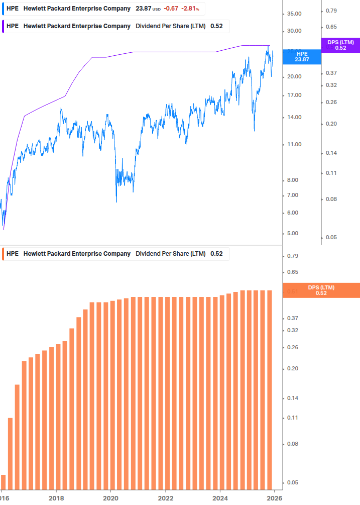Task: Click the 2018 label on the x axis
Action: tap(56, 497)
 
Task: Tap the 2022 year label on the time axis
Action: tap(165, 497)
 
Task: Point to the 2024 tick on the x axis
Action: tap(220, 497)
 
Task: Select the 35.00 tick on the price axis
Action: tap(294, 14)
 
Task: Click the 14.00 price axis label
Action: tap(294, 118)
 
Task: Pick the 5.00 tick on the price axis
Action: tap(294, 234)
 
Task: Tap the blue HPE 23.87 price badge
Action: tap(302, 56)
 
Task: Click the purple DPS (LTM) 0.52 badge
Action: tap(340, 45)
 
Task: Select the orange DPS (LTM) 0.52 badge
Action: tap(321, 290)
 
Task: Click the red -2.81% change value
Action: tap(190, 9)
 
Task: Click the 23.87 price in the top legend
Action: tap(144, 9)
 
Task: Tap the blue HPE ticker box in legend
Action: tap(13, 9)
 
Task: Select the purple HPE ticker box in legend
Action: tap(13, 26)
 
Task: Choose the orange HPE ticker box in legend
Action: tap(13, 254)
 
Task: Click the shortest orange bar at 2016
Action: tap(3, 482)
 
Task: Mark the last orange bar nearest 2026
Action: tap(269, 389)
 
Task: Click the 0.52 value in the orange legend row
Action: tap(216, 254)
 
